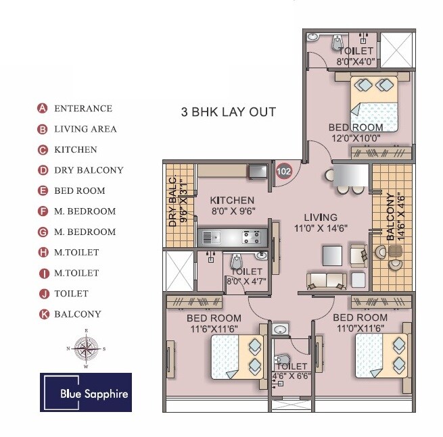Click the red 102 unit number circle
(284, 172)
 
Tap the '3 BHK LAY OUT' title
(227, 112)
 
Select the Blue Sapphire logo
(86, 392)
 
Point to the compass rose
(86, 349)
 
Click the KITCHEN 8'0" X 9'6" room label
(232, 205)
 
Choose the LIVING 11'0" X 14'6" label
(320, 222)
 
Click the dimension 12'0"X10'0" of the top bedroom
(355, 138)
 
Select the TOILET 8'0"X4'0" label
(356, 56)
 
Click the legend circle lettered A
(42, 108)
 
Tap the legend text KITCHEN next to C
(75, 150)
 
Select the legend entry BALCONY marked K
(77, 314)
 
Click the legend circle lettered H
(42, 253)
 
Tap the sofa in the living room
(326, 280)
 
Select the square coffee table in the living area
(332, 255)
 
